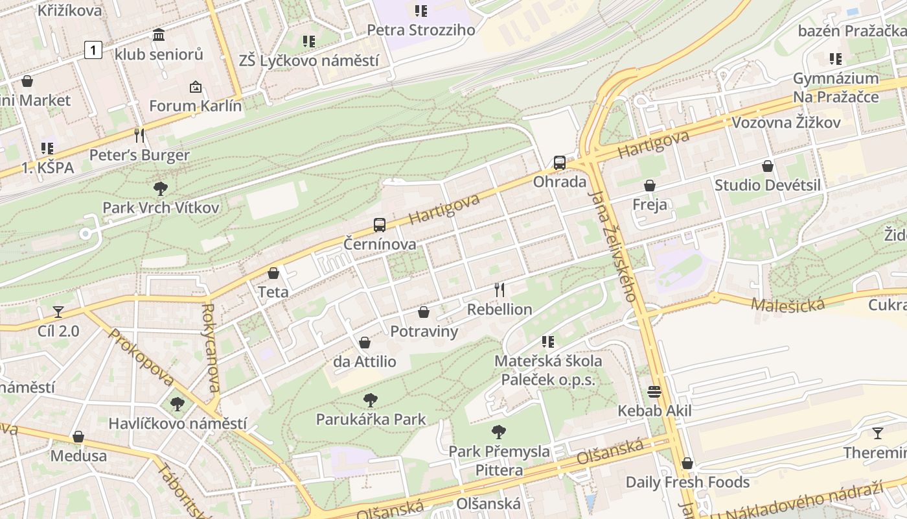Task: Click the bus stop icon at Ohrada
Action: coord(559,163)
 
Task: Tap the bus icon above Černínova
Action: coord(380,225)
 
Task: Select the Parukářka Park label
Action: coord(371,419)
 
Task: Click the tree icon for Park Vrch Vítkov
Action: coord(161,189)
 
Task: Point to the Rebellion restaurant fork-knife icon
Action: coord(499,289)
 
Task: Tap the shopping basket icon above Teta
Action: coord(273,273)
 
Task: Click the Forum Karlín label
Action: coord(195,106)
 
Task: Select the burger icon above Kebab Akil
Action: coord(654,392)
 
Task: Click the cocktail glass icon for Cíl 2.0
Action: coord(58,312)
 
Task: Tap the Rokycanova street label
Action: coord(212,348)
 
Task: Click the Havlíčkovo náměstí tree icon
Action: coord(177,404)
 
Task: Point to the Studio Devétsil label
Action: coord(767,185)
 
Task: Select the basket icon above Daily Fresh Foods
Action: coord(687,463)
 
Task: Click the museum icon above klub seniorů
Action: coord(159,35)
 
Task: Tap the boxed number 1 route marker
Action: coord(93,49)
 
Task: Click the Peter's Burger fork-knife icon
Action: coord(139,135)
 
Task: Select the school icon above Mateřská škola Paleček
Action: coord(548,341)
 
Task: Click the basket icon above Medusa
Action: coord(78,437)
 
